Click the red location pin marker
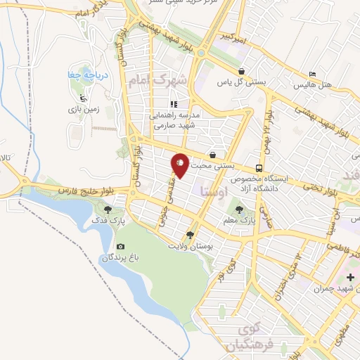[x=180, y=165]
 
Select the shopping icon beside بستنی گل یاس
[x=242, y=71]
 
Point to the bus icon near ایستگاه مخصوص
[x=259, y=168]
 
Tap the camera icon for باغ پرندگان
[x=121, y=246]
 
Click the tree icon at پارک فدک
[x=108, y=209]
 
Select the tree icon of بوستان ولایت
[x=189, y=235]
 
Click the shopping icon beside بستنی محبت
[x=212, y=155]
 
